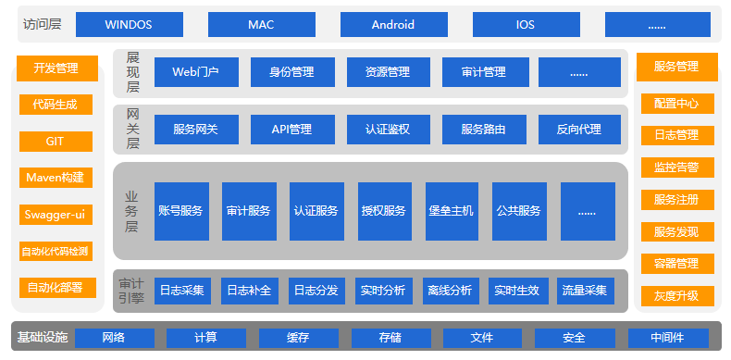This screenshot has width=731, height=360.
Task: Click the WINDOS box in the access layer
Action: (x=129, y=24)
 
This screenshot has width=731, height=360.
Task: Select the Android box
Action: (x=393, y=24)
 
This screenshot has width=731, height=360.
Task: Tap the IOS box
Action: (x=526, y=24)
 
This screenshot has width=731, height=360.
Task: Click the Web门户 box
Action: (x=195, y=72)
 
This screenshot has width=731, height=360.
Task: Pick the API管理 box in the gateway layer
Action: (x=291, y=130)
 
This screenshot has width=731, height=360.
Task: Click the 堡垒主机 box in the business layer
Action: (x=452, y=211)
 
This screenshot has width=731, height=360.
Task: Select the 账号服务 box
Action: (x=180, y=211)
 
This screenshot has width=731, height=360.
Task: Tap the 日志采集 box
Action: (x=181, y=291)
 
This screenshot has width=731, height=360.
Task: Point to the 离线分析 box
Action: (x=450, y=291)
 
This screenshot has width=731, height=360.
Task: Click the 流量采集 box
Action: (x=585, y=291)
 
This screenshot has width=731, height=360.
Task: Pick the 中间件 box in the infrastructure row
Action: (x=667, y=337)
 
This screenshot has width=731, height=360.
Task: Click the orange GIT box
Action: (x=56, y=141)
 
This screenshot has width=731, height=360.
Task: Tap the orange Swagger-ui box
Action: (x=56, y=215)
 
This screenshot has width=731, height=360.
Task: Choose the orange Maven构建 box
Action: (x=56, y=178)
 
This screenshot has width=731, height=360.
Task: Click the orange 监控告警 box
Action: (x=676, y=168)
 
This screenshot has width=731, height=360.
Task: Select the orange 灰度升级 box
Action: (x=676, y=296)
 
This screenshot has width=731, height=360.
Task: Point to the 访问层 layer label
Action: (x=41, y=24)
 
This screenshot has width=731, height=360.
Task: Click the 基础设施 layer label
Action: (x=43, y=337)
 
